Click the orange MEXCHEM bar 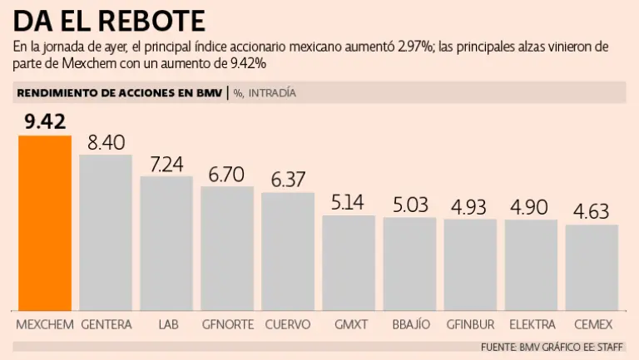(x=45, y=222)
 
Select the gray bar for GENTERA (x=106, y=232)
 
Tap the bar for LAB (x=166, y=243)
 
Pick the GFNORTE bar (x=227, y=248)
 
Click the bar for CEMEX (x=592, y=267)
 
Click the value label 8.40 (x=106, y=142)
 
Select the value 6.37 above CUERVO (x=288, y=180)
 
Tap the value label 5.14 (x=349, y=202)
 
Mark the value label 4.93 (x=470, y=206)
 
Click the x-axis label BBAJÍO (x=409, y=323)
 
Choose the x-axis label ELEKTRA (x=532, y=323)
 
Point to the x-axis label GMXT (x=349, y=323)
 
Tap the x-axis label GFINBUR (x=470, y=323)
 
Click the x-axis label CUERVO (x=288, y=323)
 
